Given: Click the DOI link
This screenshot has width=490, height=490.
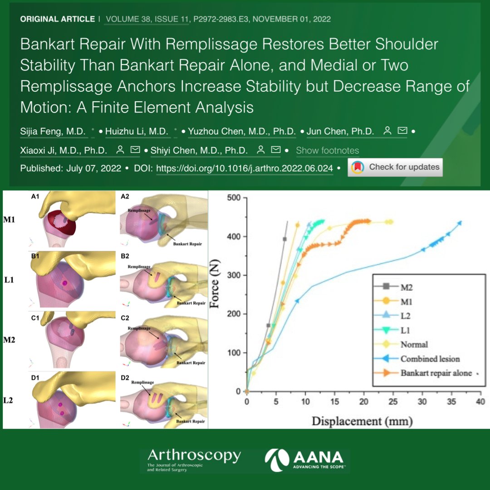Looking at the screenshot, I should pos(245,168).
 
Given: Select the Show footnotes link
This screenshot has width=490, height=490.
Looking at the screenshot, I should pos(327,150).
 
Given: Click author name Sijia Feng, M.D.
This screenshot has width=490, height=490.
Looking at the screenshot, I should pos(53,132).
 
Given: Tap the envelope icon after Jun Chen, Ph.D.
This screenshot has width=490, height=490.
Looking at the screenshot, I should pos(402,131).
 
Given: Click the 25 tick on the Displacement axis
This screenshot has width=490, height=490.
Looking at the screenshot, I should pos(392,402).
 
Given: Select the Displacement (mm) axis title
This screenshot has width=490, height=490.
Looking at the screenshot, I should pos(362,421).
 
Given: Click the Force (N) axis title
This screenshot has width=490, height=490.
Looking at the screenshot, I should pos(215,284).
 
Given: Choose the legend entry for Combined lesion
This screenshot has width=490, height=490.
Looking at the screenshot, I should pos(430,359).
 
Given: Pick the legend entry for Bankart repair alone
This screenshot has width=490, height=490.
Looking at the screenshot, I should pos(436,373).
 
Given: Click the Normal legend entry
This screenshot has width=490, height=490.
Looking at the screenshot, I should pos(414,345).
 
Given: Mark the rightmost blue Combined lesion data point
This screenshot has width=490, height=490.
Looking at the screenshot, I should pos(460,223).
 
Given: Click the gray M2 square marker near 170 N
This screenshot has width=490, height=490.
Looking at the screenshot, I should pos(268,325).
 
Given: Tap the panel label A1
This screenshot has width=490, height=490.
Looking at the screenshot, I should pos(35,196).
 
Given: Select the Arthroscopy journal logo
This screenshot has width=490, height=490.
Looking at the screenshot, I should pos(194,459).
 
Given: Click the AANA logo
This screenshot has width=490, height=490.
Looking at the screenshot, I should pos(307,459).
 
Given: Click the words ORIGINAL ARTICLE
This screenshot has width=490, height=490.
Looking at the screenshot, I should pos(57,19).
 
